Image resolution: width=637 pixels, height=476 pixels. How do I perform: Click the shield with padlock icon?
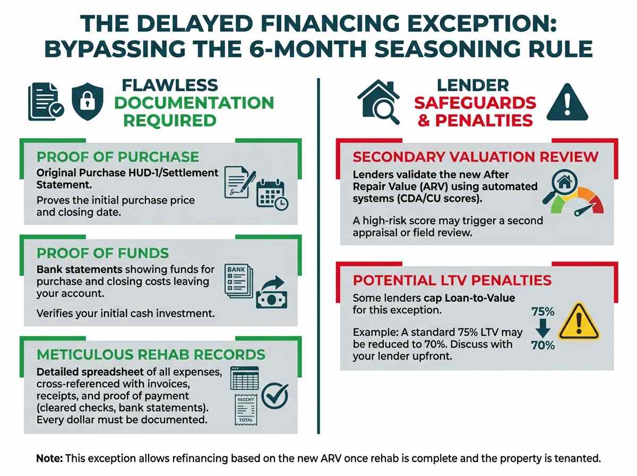[x=88, y=101]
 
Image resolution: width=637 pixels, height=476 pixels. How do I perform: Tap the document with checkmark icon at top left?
[x=46, y=101]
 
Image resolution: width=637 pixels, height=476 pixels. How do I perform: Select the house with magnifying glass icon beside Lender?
[x=378, y=101]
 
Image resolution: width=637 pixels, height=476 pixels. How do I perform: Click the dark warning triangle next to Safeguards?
[x=567, y=102]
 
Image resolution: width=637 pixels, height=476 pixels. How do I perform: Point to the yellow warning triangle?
[x=579, y=321]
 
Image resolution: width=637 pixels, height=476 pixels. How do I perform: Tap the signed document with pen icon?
[x=240, y=182]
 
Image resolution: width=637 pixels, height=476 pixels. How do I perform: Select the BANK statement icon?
[x=238, y=281]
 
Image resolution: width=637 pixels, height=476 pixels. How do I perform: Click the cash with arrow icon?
[x=272, y=293]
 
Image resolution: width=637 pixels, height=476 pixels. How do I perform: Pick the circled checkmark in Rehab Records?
[x=275, y=396]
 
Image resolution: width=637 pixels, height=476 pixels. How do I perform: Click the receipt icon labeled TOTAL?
[x=246, y=410]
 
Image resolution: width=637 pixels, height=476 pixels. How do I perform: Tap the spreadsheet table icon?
[x=244, y=378]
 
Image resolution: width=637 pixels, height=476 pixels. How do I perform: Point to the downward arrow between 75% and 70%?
[x=543, y=328]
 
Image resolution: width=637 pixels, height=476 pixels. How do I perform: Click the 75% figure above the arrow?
[x=543, y=312]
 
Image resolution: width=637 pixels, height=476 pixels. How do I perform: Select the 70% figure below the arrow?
[x=543, y=345]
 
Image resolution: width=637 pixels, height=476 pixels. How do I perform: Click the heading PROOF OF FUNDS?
[x=102, y=253]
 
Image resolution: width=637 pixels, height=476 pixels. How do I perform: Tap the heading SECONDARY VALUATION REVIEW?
[x=475, y=157]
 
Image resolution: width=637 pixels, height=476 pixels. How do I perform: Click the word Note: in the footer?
[x=49, y=458]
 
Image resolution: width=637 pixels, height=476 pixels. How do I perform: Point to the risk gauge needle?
[x=584, y=209]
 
